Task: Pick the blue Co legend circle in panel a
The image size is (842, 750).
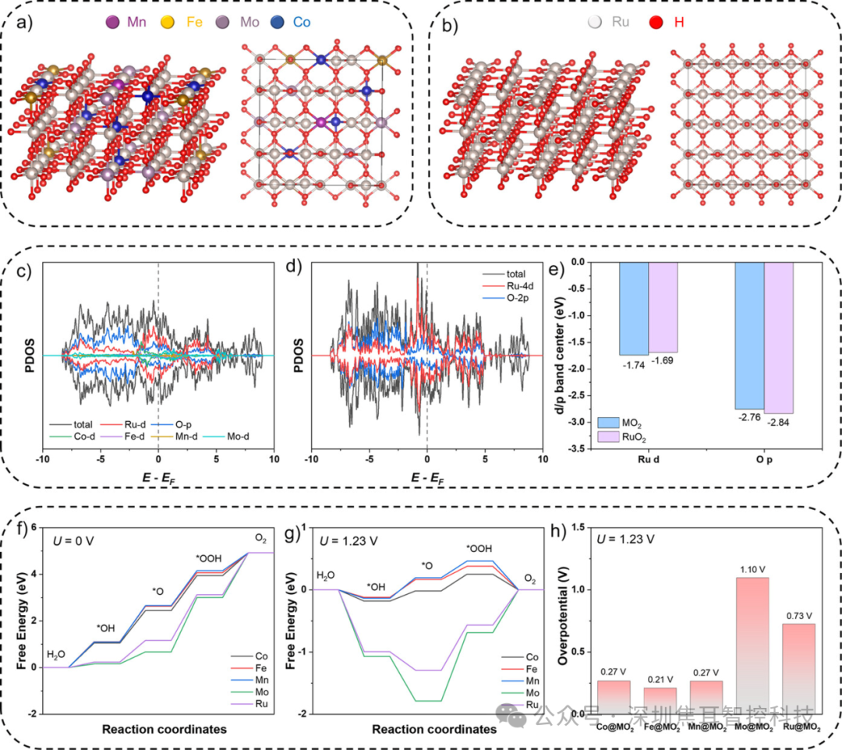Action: (280, 23)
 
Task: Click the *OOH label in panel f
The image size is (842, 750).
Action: (208, 558)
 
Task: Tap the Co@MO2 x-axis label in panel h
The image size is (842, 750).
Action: (613, 727)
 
